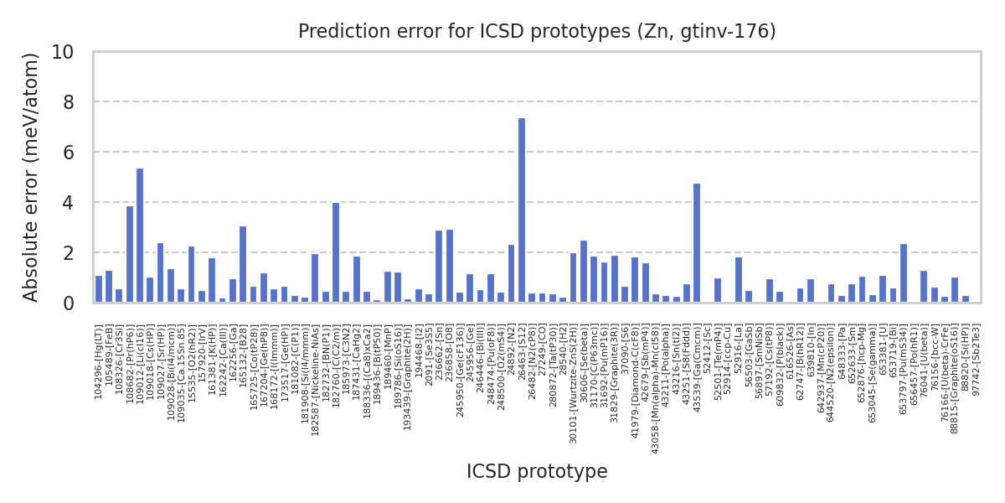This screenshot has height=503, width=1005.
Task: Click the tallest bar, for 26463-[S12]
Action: pos(522,210)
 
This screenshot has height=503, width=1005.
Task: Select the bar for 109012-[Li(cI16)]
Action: pos(140,236)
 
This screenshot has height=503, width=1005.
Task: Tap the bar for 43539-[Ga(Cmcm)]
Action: pos(697,243)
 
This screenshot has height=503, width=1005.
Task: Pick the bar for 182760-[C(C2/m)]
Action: pos(336,252)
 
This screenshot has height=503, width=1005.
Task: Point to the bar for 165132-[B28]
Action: pos(243,264)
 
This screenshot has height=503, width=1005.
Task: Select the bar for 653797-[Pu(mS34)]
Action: pos(904,273)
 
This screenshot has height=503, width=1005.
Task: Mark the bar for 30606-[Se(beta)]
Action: pos(584,272)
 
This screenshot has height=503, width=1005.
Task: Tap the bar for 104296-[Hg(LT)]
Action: pos(99,289)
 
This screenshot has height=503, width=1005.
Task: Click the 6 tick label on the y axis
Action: pos(68,153)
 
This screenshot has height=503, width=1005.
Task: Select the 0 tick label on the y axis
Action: pos(68,303)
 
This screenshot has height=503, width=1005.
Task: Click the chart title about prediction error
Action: pos(537,32)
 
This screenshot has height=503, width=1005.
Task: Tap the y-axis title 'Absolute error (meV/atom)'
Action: pos(32,177)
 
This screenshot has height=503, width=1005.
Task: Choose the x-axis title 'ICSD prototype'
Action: pos(537,472)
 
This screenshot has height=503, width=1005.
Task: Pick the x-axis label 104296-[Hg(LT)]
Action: pos(99,360)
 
